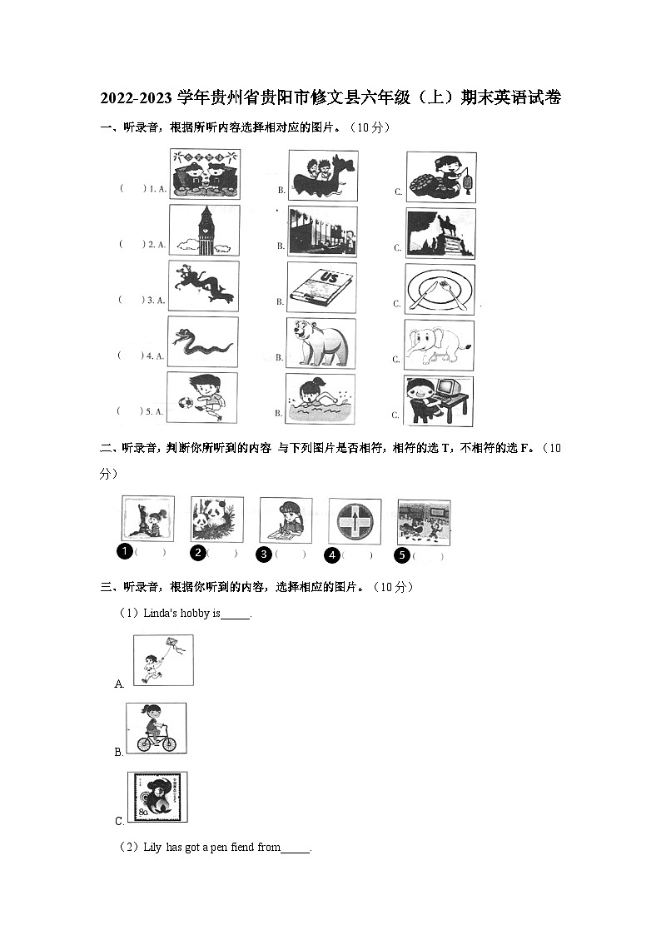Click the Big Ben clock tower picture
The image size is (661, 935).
point(204,231)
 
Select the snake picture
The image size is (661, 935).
point(202,342)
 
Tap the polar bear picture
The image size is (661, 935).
point(321,342)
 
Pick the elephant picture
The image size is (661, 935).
point(440,344)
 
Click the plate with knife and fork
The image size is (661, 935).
point(440,288)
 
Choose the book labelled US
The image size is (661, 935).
point(321,287)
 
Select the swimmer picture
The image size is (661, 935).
point(321,398)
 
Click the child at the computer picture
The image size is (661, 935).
point(439,400)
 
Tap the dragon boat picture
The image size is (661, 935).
point(322,176)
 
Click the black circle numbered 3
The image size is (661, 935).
point(263,554)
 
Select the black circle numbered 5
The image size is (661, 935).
point(402,555)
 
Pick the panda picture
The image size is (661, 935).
point(216,520)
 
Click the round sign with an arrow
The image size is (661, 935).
point(355,522)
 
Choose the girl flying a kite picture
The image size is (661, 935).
point(163,659)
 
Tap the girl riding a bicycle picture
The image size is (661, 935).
point(157,728)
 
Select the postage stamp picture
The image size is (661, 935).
point(157,797)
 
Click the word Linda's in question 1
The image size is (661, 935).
point(158,614)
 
